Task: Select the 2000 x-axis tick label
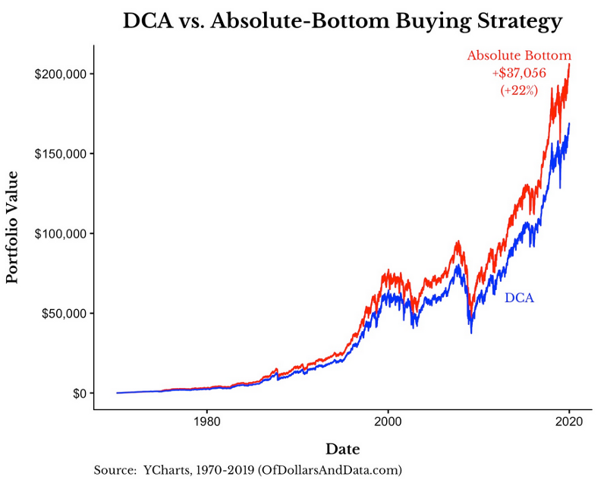coord(388,420)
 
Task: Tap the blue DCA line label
coord(519,298)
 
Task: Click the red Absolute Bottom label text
coord(519,55)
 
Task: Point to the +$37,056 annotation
coord(519,73)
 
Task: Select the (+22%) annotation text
coord(519,90)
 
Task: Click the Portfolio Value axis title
coord(12,227)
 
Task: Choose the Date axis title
coord(342,448)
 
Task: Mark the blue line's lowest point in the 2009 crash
coord(471,332)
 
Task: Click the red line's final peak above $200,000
coord(570,64)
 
